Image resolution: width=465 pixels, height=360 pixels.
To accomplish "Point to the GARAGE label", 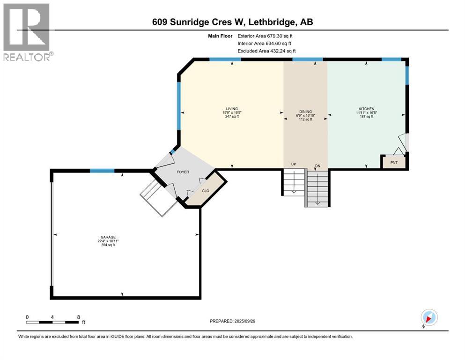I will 107,237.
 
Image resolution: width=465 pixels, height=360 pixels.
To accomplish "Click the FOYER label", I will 183,172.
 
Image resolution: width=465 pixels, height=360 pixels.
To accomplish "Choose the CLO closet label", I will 206,191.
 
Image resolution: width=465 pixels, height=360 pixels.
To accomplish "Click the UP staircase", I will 293,183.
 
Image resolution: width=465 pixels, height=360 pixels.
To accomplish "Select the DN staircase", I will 317,187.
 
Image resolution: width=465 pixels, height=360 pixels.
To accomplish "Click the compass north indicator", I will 429,318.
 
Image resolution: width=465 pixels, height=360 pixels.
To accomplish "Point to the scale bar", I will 52,322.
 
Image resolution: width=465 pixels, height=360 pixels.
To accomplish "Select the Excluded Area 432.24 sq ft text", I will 266,51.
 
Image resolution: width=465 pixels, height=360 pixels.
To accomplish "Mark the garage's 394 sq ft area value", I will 107,245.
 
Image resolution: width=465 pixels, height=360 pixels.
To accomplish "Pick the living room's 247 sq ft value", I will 232,116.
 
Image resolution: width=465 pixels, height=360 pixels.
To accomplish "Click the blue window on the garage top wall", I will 102,171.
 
